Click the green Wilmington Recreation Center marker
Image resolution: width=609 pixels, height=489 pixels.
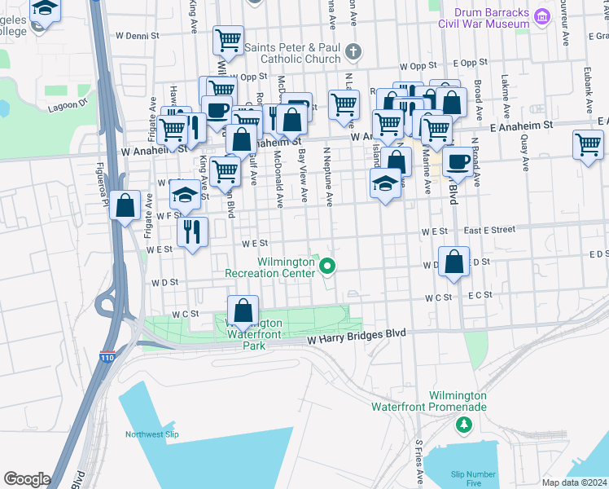(x=327, y=265)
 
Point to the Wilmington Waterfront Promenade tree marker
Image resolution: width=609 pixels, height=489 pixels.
(x=463, y=424)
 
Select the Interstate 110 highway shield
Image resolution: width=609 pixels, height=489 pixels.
(x=108, y=356)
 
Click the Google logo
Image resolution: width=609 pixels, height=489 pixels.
(x=26, y=478)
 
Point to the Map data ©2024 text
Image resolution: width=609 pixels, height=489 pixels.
(x=573, y=482)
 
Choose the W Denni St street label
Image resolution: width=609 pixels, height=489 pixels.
(x=138, y=36)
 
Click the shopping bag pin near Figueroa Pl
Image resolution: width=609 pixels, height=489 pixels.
(x=125, y=206)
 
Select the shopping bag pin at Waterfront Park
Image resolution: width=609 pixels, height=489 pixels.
(x=243, y=311)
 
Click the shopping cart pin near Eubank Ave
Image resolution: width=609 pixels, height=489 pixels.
(x=588, y=145)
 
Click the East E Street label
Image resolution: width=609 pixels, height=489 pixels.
(x=489, y=230)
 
